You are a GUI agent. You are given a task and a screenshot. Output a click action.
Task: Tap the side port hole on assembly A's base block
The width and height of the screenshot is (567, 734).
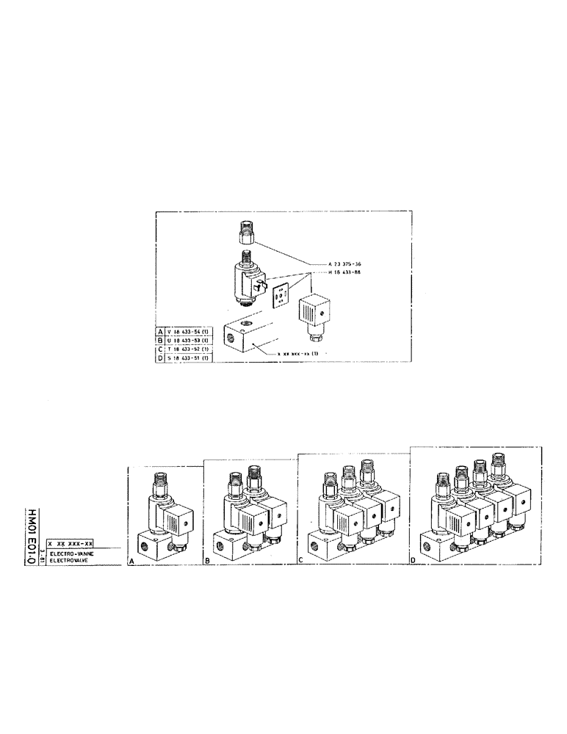(141, 544)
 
